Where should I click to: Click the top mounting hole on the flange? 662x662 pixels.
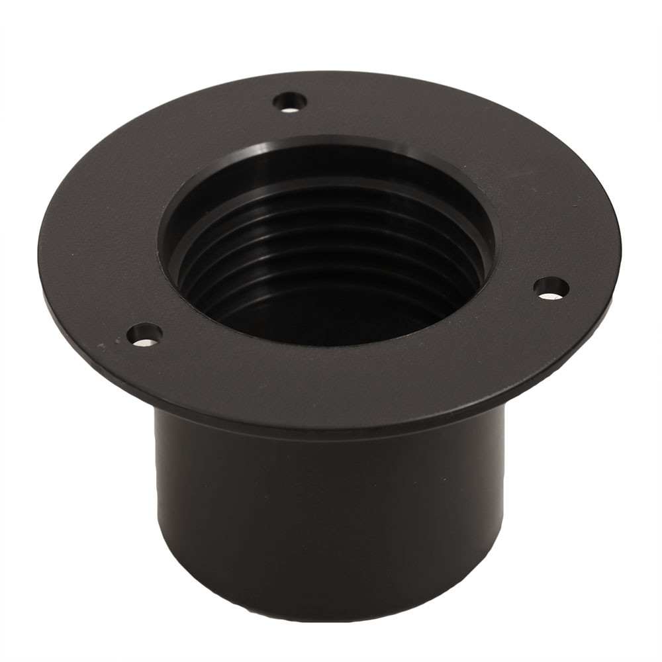[290, 102]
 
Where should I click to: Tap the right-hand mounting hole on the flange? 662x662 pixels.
[551, 287]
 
